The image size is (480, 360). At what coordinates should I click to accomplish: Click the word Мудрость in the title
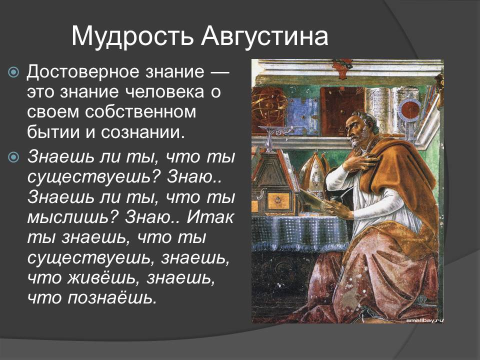coord(132,36)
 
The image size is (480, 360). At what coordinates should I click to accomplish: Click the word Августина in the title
coord(265,36)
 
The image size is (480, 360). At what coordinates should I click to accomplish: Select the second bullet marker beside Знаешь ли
coord(13,157)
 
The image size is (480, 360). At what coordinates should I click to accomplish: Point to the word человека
coord(161,92)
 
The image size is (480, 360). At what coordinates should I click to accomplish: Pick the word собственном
coord(140,111)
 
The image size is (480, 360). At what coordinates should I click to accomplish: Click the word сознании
coord(144,131)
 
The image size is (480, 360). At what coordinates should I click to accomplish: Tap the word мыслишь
coord(73,217)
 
